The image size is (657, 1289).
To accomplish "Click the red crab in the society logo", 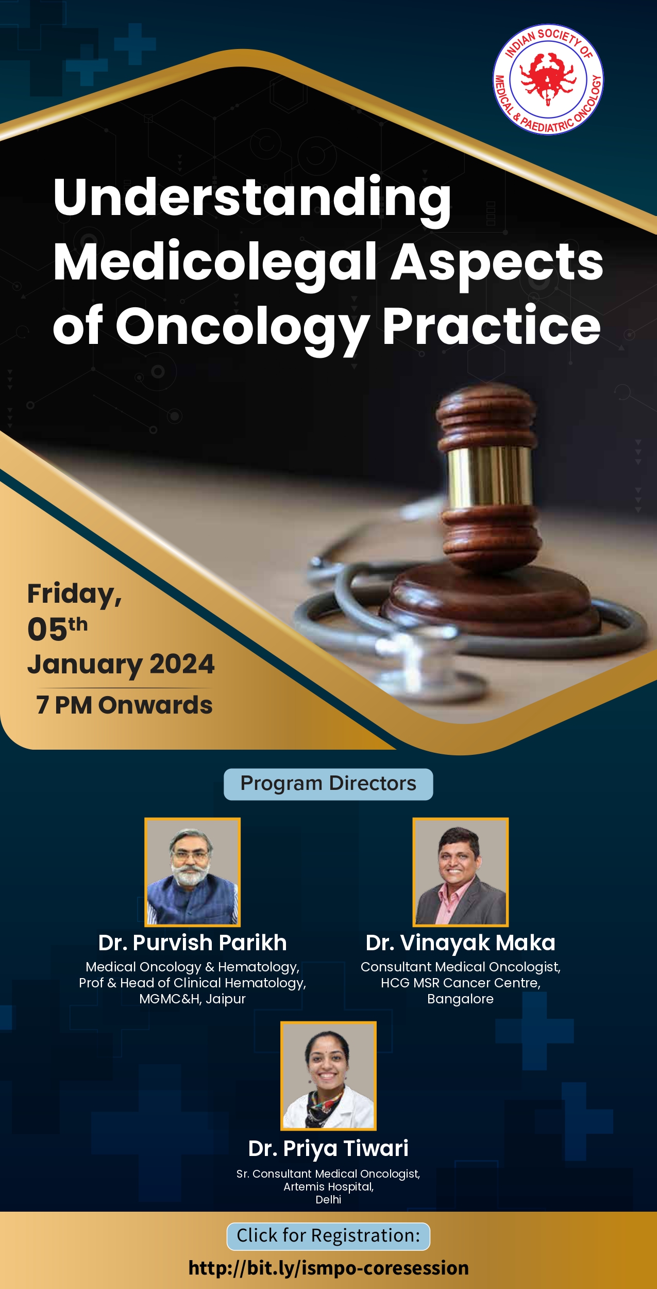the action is coord(548,78).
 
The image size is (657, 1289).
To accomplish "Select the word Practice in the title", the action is coord(492,326).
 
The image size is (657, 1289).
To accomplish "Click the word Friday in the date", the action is coord(74,594).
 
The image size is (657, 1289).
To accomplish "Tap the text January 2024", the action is coord(121,665).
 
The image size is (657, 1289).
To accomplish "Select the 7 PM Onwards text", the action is coord(124,705).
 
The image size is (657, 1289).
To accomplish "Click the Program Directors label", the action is coord(328,784).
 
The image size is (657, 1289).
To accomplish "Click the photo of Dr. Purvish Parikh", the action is coord(192,872).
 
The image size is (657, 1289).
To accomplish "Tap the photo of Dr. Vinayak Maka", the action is coord(461,872).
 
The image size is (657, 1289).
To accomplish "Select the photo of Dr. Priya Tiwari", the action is coord(328,1076).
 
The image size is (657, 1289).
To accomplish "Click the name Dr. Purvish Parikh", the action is coord(192,943).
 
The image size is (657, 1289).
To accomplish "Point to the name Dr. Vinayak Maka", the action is coord(461,943).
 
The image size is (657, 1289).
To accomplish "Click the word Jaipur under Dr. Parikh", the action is coord(226,999).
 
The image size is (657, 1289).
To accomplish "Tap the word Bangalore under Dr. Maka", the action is coord(461,999).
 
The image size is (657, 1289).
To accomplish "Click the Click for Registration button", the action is coord(328,1236).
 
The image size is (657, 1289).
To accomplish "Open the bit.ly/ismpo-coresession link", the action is coord(329,1268).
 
